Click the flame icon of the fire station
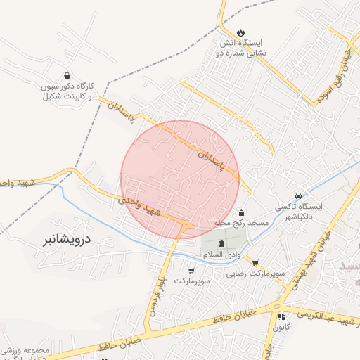241,32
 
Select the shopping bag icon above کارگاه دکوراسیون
67,75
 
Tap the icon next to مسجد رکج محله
243,212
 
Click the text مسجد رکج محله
243,224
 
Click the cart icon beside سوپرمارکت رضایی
255,263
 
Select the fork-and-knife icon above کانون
281,317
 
